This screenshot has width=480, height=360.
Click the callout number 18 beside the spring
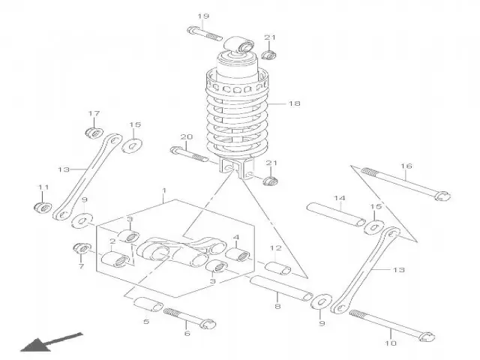click(x=295, y=103)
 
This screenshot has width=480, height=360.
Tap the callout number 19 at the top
click(x=203, y=16)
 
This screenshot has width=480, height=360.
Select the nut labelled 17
click(x=94, y=133)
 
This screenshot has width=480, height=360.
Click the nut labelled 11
click(x=43, y=207)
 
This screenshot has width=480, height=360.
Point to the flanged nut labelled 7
click(x=82, y=247)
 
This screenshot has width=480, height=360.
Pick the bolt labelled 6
click(x=190, y=318)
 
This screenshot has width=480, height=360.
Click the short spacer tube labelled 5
click(x=148, y=304)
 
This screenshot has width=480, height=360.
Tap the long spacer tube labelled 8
click(x=281, y=288)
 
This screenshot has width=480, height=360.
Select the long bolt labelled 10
click(x=392, y=325)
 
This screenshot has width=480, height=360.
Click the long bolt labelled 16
click(x=406, y=184)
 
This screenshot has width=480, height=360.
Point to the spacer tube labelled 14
click(x=336, y=214)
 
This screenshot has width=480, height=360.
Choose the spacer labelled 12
click(x=277, y=268)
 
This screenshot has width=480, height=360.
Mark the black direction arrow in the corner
click(x=52, y=342)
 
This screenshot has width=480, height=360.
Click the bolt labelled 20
click(x=189, y=154)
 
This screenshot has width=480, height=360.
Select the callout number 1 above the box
click(x=164, y=190)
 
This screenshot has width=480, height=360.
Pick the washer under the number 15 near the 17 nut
click(x=132, y=145)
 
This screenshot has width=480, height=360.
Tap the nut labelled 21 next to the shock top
click(x=269, y=55)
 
